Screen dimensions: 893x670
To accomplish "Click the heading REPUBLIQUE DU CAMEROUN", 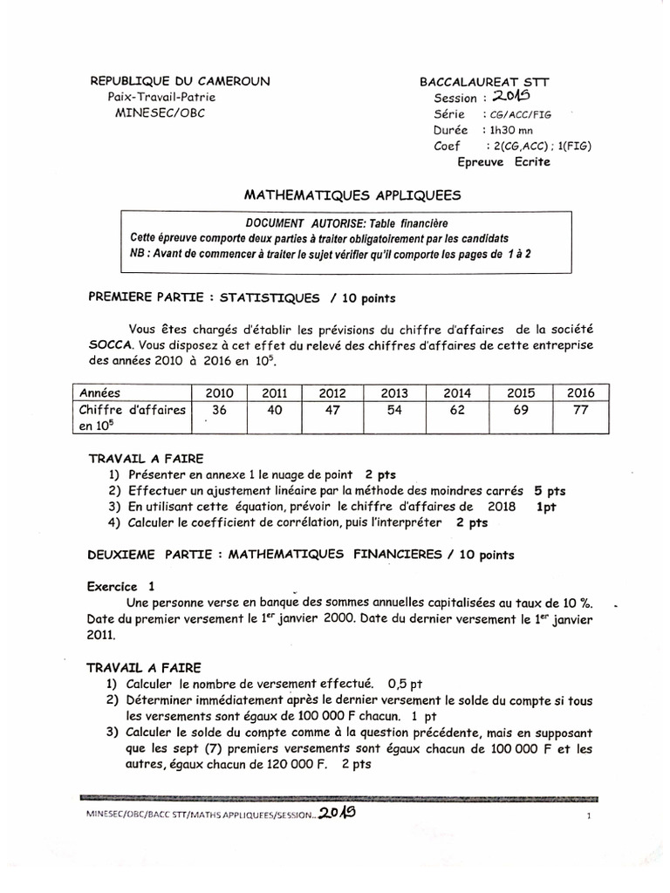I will (x=181, y=81).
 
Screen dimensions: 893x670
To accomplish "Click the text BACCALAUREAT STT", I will (x=484, y=82).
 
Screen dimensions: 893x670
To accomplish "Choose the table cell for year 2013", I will (x=395, y=393).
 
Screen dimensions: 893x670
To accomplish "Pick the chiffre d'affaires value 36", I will (x=219, y=410).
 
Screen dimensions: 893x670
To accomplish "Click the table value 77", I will (x=579, y=410).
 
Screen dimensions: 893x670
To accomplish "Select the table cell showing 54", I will (x=395, y=410).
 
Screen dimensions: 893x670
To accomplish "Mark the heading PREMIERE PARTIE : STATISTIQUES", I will (x=204, y=298).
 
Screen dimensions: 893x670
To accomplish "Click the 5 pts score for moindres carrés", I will (x=550, y=491).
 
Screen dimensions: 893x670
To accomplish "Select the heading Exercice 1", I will (x=122, y=586).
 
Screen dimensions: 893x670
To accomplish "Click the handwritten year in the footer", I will (x=337, y=813).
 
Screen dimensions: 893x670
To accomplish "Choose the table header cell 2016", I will (x=579, y=393).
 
